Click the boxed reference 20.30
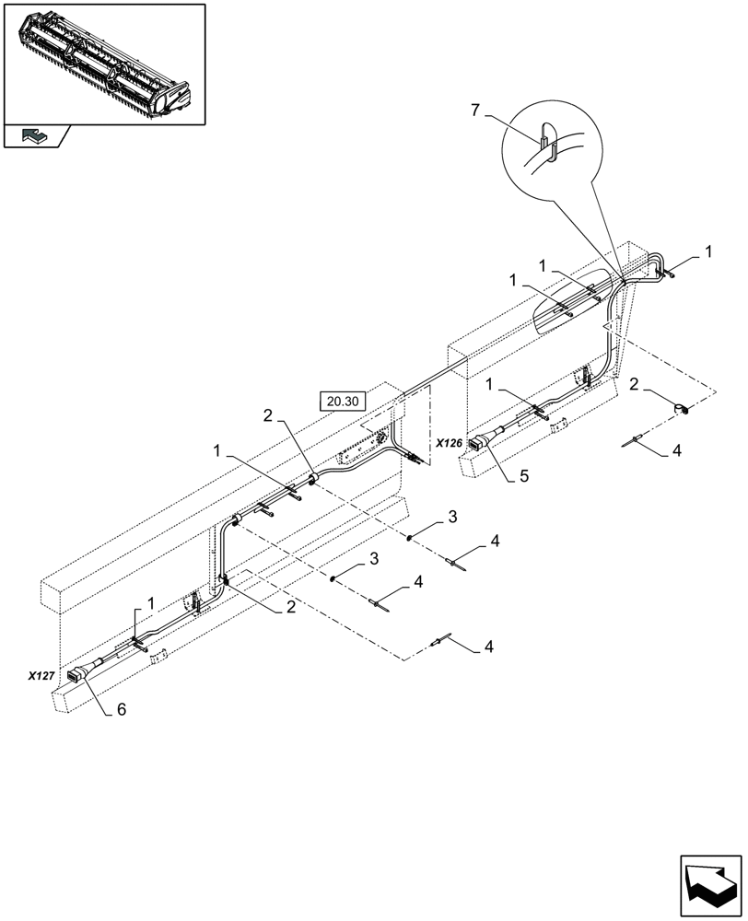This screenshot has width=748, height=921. tap(343, 400)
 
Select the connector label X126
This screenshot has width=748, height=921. tap(450, 443)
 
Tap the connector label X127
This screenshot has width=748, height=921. tap(41, 675)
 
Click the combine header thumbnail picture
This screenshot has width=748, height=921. tap(103, 63)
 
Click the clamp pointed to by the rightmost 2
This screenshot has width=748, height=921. tap(684, 409)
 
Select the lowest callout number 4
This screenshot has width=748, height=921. tap(489, 647)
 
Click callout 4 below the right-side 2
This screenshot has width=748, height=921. tap(676, 451)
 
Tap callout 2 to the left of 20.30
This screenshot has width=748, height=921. tap(266, 415)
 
